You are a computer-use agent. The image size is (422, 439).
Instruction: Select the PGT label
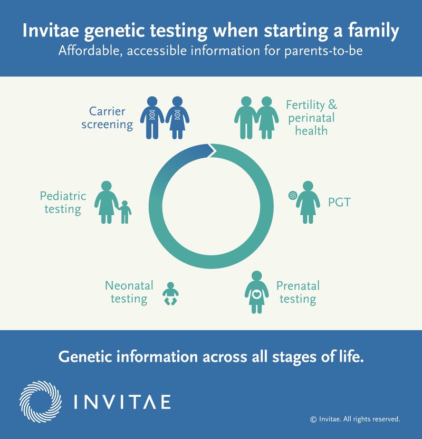339,202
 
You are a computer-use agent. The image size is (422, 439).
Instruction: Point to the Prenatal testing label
298,293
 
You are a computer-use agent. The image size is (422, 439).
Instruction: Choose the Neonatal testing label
129,292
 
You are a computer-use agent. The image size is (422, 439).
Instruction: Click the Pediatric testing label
63,202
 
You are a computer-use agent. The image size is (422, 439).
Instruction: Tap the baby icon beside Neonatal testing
170,293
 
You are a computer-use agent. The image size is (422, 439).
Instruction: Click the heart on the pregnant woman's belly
257,295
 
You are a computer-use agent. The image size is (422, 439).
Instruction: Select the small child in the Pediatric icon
125,212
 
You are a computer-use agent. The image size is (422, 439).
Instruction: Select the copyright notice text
355,419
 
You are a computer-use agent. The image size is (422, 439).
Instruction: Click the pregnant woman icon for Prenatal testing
257,292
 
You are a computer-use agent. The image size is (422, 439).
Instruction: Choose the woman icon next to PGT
308,201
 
